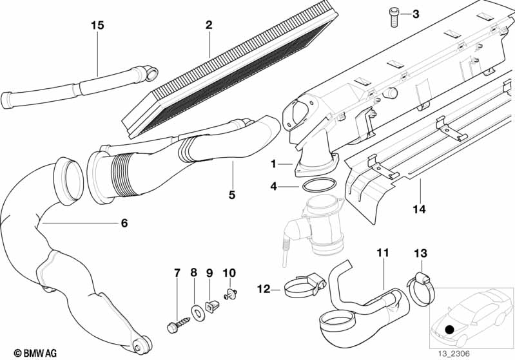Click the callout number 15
[x=97, y=26]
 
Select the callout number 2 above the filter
[x=209, y=25]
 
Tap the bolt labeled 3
[x=393, y=15]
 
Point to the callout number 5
[x=233, y=193]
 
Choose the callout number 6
[x=124, y=223]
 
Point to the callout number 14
[x=420, y=209]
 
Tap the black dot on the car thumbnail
[x=449, y=329]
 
